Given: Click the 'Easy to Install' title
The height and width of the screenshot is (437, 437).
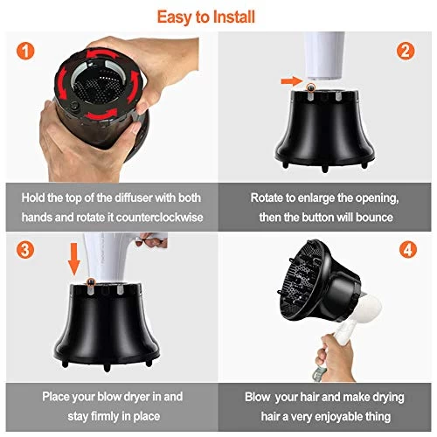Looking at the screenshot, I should click(218, 15).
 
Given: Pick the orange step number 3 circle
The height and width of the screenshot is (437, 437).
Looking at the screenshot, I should click(27, 249).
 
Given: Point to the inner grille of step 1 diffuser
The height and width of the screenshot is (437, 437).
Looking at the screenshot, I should click(95, 83).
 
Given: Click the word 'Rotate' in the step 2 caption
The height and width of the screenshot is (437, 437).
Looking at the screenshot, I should click(267, 198).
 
